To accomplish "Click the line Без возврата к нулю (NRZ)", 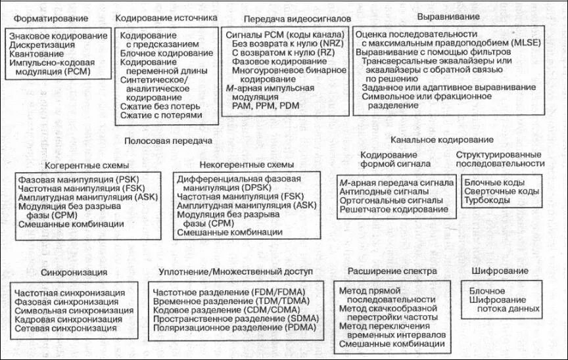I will [282, 43].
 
